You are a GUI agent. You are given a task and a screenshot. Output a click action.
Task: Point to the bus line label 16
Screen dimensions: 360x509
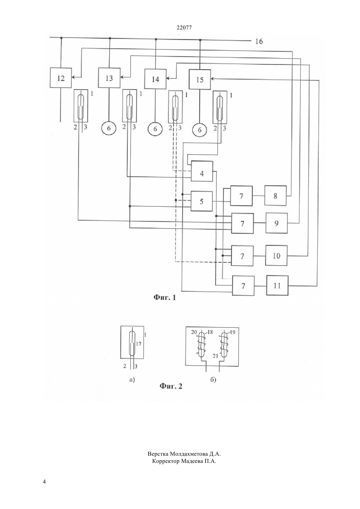point(259,41)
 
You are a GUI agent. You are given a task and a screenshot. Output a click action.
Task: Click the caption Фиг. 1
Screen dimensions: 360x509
point(165,297)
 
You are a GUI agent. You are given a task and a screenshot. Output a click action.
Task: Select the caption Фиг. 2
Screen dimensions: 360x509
point(171,386)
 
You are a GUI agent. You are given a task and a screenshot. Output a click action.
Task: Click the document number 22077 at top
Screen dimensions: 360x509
point(184,28)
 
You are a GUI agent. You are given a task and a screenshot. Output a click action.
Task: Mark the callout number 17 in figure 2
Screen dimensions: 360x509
point(138,344)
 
